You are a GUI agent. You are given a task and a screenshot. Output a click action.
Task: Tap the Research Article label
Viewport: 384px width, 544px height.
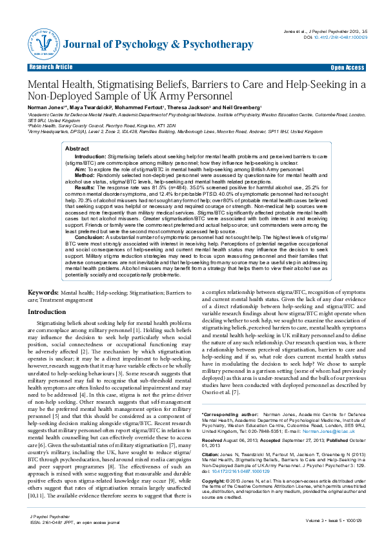coord(50,67)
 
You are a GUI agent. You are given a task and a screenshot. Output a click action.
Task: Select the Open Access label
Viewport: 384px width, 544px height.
coord(347,67)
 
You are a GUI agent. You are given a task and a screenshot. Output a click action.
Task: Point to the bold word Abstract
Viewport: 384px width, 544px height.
coord(77,149)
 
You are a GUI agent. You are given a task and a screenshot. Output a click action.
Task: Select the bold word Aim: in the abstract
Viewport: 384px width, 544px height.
coord(82,167)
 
